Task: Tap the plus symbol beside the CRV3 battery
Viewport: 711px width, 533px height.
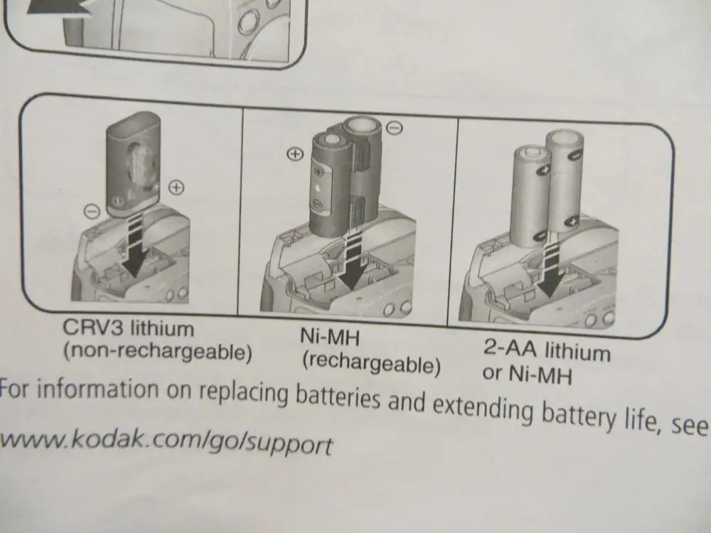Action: tap(176, 188)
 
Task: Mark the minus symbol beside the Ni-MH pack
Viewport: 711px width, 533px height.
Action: tap(396, 128)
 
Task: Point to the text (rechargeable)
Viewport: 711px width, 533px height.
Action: tap(371, 364)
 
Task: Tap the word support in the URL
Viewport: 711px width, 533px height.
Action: tap(292, 446)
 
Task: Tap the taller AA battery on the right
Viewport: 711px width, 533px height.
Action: tap(566, 181)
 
